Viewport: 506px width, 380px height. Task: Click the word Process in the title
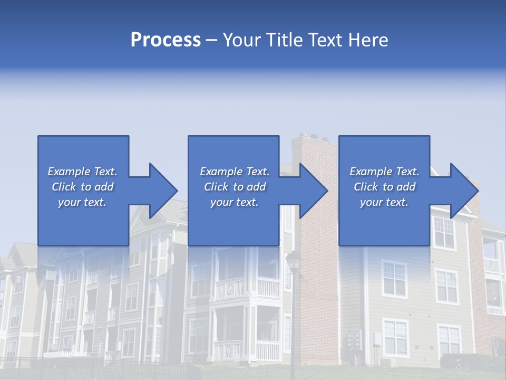[166, 40]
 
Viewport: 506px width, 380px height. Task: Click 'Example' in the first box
[69, 172]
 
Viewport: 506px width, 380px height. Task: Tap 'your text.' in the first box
[82, 202]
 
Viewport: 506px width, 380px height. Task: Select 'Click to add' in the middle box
[235, 187]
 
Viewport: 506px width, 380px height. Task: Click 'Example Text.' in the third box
[384, 172]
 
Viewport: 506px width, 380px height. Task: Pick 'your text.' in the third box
[384, 202]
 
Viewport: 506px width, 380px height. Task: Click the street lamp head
[293, 260]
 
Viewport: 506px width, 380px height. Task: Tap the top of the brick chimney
[314, 139]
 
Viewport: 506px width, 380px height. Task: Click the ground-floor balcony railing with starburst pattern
[228, 350]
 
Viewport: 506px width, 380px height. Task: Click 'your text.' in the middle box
[235, 202]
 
